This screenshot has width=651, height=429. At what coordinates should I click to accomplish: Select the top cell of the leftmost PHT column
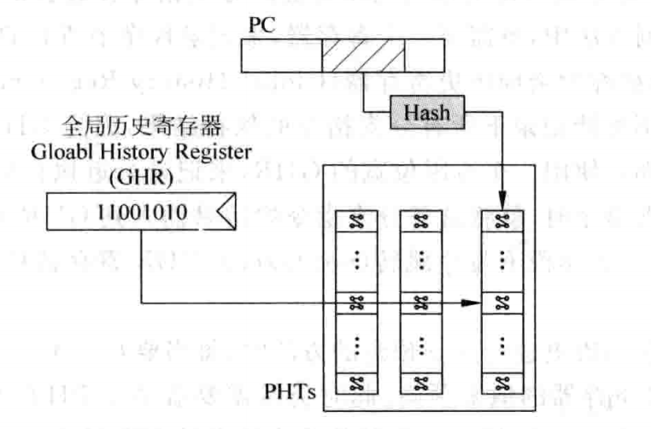[356, 220]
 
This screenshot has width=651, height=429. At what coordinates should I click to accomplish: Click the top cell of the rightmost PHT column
[502, 220]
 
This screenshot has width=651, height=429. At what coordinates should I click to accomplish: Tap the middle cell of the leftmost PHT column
[356, 302]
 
